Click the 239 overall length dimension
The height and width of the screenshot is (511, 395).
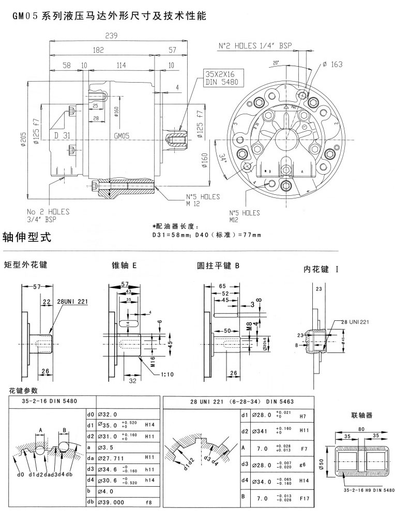(x=111, y=36)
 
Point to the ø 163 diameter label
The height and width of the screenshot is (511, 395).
(x=332, y=65)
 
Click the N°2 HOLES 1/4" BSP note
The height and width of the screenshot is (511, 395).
(x=255, y=46)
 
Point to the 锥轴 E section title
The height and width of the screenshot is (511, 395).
(x=124, y=266)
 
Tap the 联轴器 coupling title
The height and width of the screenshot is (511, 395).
(x=361, y=414)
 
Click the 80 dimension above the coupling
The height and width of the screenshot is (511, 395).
(x=361, y=428)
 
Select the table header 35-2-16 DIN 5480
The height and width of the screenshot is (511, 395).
(x=47, y=401)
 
